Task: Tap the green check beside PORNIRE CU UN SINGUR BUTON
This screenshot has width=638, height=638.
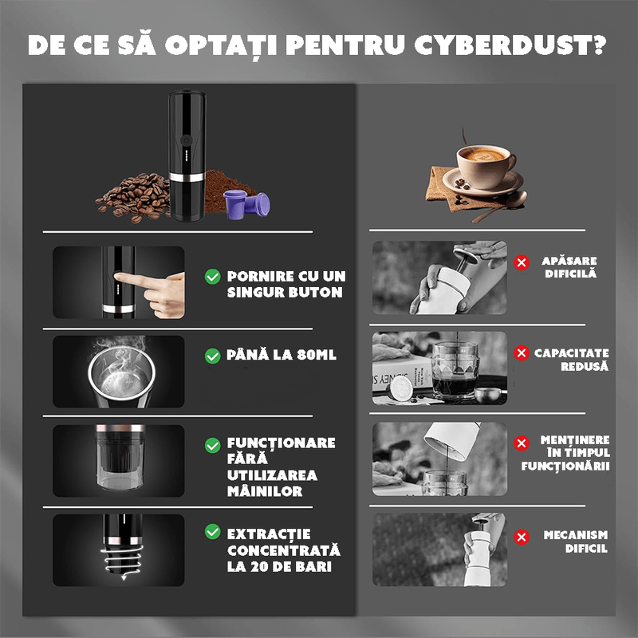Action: point(213,277)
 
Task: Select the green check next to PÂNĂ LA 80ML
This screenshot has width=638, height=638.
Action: point(213,356)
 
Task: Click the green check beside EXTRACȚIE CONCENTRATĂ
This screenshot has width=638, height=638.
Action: point(213,532)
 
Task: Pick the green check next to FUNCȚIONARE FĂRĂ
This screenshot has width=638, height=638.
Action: point(213,444)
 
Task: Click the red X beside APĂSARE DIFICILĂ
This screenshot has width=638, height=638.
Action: point(522,262)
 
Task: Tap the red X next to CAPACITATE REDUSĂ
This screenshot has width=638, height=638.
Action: point(522,352)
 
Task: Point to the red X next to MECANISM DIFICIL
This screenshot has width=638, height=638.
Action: point(522,537)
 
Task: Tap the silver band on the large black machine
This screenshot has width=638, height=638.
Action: point(184,174)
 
